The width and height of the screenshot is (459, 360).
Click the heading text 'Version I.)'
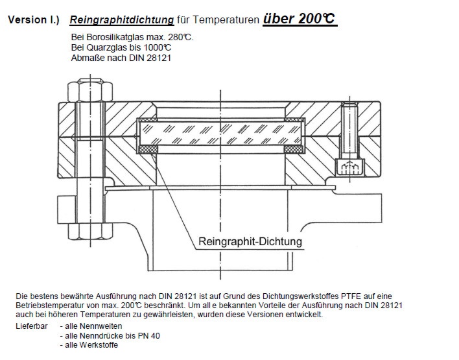(33, 19)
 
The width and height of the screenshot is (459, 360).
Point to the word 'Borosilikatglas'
(117, 37)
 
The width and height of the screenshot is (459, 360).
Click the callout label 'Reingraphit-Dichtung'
(250, 243)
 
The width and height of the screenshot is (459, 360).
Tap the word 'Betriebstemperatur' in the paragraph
(54, 306)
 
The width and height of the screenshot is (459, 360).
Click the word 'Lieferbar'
(30, 327)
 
